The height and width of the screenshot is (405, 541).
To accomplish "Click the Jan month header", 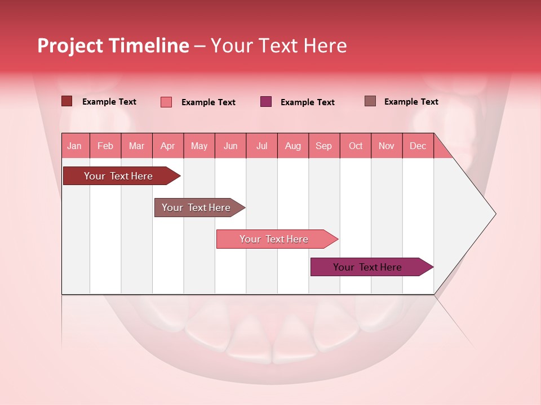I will click(x=74, y=146).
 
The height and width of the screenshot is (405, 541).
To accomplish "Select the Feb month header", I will click(x=105, y=146).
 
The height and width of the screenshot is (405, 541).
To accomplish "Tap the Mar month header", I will click(x=136, y=146).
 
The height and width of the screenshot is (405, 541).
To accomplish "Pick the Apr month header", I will click(x=167, y=146).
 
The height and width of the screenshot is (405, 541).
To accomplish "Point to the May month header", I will click(x=199, y=146).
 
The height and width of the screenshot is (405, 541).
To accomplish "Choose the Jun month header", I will click(x=230, y=146).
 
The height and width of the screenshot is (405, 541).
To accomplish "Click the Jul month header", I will click(x=261, y=146).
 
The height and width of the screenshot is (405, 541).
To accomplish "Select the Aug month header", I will click(x=293, y=146).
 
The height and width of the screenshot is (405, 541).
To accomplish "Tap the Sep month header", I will click(x=324, y=146).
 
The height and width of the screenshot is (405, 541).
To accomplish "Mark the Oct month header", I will click(x=356, y=146).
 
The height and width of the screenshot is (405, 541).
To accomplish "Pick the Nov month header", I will click(x=387, y=146).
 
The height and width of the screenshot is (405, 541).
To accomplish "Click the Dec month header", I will click(x=418, y=146).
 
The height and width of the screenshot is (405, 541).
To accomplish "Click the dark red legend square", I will click(x=66, y=101).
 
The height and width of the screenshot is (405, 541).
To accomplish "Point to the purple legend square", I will click(x=266, y=102).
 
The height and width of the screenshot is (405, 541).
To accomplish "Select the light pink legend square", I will click(x=166, y=102).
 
